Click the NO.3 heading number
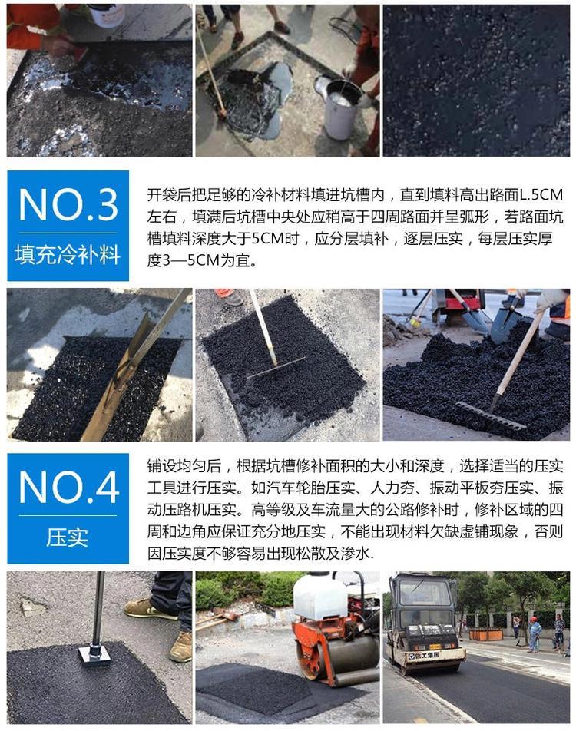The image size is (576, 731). click(x=68, y=205)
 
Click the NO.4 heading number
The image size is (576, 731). click(x=69, y=488)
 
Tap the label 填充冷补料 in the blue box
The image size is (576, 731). click(x=68, y=255)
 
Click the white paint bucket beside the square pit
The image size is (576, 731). click(x=339, y=107)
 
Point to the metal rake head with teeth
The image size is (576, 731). click(x=491, y=415)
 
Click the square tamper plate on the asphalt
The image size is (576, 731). click(x=94, y=654)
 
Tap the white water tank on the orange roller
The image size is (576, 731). click(x=320, y=595)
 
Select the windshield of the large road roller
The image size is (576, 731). click(x=422, y=594)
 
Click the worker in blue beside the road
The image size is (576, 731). click(x=534, y=634)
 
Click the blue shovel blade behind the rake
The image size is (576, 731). click(x=505, y=325)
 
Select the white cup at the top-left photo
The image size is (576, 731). click(x=108, y=15)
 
